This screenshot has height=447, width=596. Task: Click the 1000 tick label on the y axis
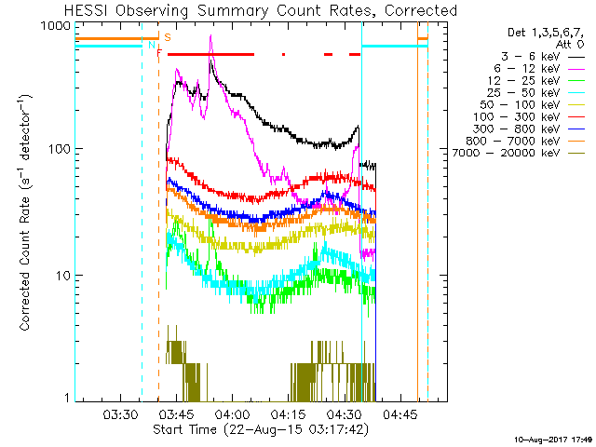coord(55,27)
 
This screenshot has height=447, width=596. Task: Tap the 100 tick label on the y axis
coord(59,149)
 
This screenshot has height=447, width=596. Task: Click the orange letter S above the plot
coord(167,37)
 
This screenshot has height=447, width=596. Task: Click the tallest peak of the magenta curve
coord(211,36)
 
